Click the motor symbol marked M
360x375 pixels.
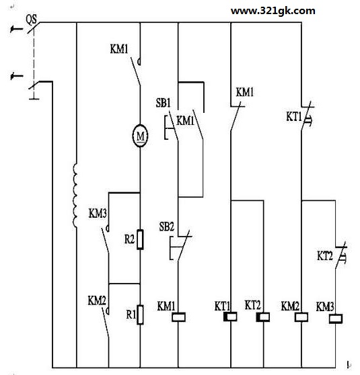(141, 136)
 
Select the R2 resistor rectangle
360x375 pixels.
(140, 239)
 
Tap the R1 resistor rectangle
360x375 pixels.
(140, 315)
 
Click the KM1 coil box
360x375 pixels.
(178, 317)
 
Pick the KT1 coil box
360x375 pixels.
(230, 317)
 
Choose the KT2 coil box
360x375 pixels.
(263, 317)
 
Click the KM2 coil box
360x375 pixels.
(301, 317)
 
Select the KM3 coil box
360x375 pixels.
(336, 319)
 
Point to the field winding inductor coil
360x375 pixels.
(75, 195)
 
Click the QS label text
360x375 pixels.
(32, 19)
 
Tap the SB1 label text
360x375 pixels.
(163, 103)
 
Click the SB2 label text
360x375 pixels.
(167, 226)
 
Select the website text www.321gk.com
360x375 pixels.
(273, 11)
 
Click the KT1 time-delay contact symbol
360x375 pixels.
(307, 116)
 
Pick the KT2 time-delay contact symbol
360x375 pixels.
(340, 255)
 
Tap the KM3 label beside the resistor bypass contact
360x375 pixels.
(98, 213)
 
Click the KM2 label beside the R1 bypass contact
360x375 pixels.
(97, 300)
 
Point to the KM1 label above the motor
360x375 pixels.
(119, 49)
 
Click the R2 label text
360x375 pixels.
(130, 239)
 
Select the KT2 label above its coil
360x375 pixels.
(252, 305)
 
